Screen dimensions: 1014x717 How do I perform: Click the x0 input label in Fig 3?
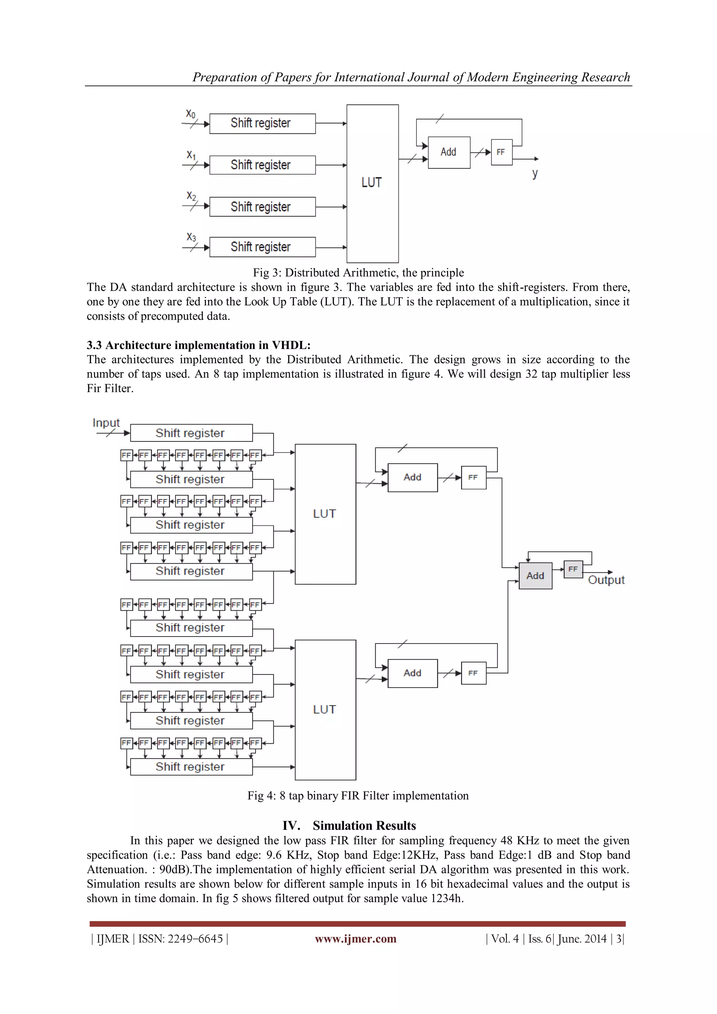click(190, 114)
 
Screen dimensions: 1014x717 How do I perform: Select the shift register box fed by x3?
click(262, 247)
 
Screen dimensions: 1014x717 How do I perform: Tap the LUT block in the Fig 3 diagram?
click(372, 183)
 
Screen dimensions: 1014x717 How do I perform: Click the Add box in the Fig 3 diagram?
click(448, 152)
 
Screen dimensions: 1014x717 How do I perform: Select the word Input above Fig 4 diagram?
click(106, 423)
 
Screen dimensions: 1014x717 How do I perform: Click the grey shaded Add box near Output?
click(535, 576)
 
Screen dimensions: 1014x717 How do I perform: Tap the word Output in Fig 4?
click(606, 580)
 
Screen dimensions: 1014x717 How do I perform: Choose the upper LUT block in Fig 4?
click(325, 514)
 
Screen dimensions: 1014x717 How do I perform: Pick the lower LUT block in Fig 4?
click(325, 709)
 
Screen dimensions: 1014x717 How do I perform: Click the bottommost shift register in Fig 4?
click(191, 767)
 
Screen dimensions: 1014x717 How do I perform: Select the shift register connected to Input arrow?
click(191, 433)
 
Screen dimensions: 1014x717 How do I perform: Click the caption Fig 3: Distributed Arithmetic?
click(358, 272)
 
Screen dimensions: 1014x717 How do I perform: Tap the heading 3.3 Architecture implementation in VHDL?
click(199, 345)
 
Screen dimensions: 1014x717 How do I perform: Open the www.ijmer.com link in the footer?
click(355, 938)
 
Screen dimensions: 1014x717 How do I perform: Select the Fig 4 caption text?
click(358, 796)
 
